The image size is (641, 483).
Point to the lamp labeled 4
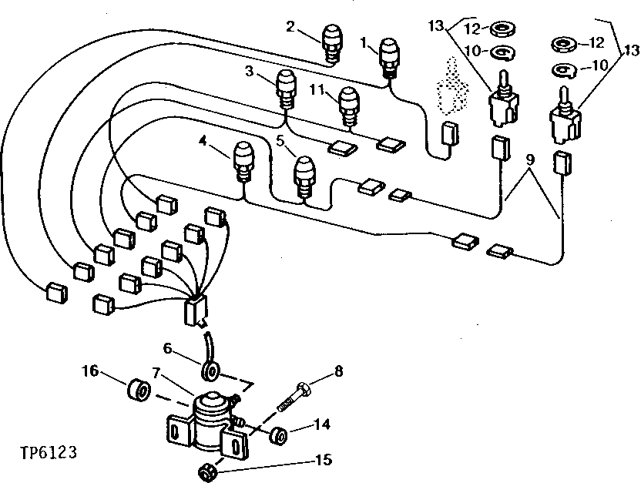(x=244, y=161)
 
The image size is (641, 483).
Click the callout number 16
(x=91, y=372)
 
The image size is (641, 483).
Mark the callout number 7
(x=158, y=374)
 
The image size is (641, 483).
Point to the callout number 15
(x=323, y=461)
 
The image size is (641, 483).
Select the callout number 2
(x=290, y=27)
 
